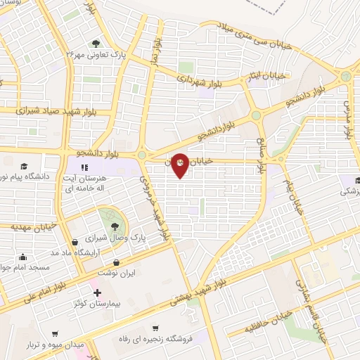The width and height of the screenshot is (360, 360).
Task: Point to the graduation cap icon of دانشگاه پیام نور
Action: pos(24,167)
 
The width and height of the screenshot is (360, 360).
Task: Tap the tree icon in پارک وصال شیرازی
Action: pos(114,226)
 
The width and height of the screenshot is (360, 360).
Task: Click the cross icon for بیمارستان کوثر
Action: pos(97,292)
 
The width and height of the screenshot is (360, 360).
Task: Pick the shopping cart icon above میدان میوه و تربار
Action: pos(54,334)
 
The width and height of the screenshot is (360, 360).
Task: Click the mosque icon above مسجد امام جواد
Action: pos(25,257)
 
